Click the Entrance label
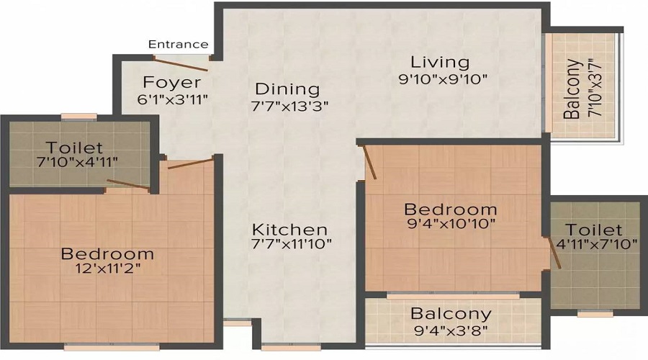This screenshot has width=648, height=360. (179, 45)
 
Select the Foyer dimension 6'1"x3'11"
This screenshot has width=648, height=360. (173, 99)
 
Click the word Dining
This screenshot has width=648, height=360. (287, 89)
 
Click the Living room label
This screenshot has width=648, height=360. (439, 62)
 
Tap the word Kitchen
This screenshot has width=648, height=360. (289, 229)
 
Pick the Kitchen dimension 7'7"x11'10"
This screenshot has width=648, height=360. (292, 244)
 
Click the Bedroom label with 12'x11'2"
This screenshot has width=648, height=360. (107, 253)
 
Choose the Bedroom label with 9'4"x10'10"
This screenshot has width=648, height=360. (451, 209)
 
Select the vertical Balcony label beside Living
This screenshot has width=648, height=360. (573, 89)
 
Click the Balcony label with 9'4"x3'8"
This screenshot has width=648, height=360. (451, 314)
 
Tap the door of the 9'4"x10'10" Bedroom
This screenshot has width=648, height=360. (369, 162)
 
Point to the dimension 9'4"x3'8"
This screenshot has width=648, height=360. (451, 331)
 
